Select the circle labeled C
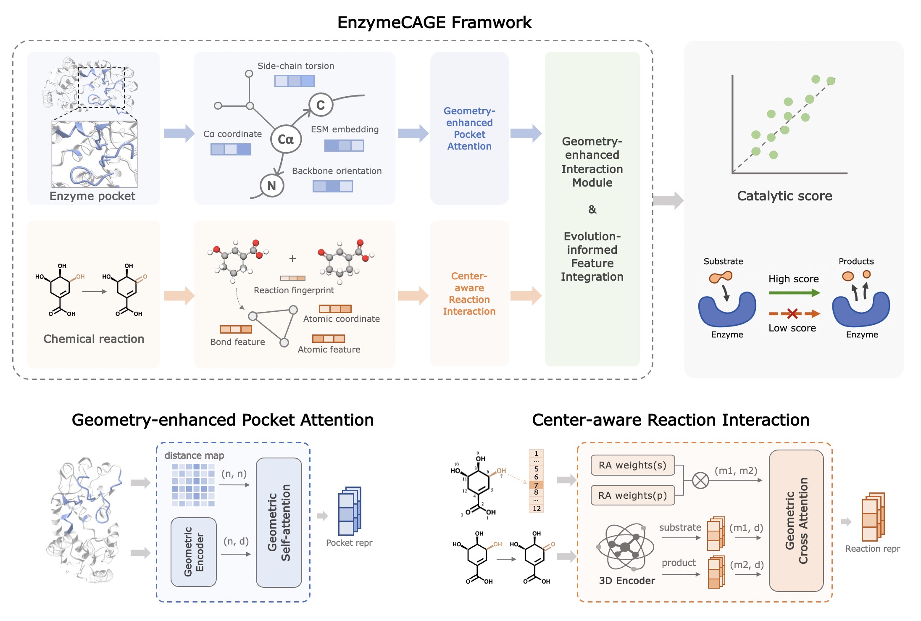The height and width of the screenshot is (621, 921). click(x=321, y=105)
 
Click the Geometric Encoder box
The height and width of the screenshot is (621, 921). click(x=194, y=552)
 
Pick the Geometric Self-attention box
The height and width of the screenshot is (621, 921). click(x=279, y=522)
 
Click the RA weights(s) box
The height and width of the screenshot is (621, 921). click(x=632, y=465)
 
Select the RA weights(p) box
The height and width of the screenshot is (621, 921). click(x=632, y=495)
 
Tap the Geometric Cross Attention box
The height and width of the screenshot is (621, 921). click(x=796, y=521)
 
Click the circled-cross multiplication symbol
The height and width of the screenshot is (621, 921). click(x=700, y=480)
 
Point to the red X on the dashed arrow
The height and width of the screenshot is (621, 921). click(x=792, y=313)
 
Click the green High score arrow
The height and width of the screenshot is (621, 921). click(x=794, y=293)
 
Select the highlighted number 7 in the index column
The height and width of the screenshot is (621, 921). click(x=536, y=485)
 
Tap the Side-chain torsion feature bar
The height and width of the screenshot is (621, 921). click(x=295, y=81)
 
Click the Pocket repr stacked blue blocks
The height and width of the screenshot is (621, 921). click(x=350, y=510)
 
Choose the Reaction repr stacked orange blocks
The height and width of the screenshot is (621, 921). click(x=873, y=517)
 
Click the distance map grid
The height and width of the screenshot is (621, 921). click(x=193, y=485)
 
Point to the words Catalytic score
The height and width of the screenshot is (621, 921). click(x=784, y=196)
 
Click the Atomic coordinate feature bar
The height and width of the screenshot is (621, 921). click(x=335, y=309)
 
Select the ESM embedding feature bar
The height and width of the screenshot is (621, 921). click(x=344, y=146)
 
